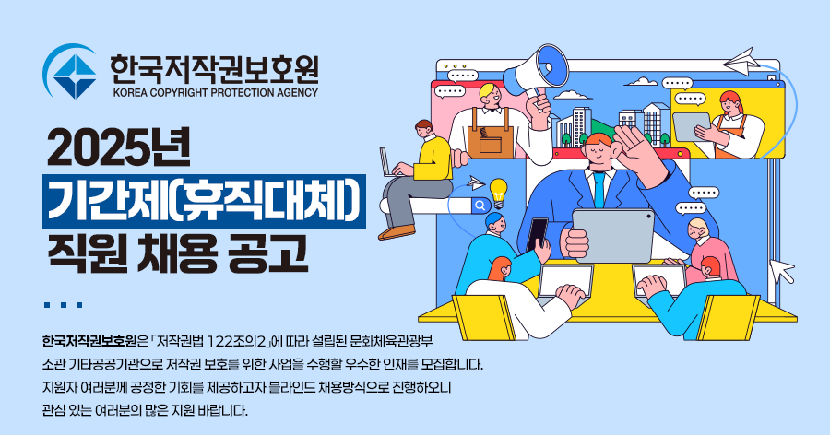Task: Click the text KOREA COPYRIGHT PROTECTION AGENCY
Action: (x=215, y=92)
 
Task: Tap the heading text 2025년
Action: (x=119, y=148)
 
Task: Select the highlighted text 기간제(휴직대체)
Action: (x=204, y=201)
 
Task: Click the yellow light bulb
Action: (x=498, y=194)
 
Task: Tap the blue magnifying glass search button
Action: (x=480, y=206)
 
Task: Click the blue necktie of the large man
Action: (x=599, y=188)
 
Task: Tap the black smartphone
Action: (x=538, y=234)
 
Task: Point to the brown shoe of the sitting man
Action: (x=397, y=232)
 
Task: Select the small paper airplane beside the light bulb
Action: (x=476, y=182)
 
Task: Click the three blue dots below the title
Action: (x=63, y=305)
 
